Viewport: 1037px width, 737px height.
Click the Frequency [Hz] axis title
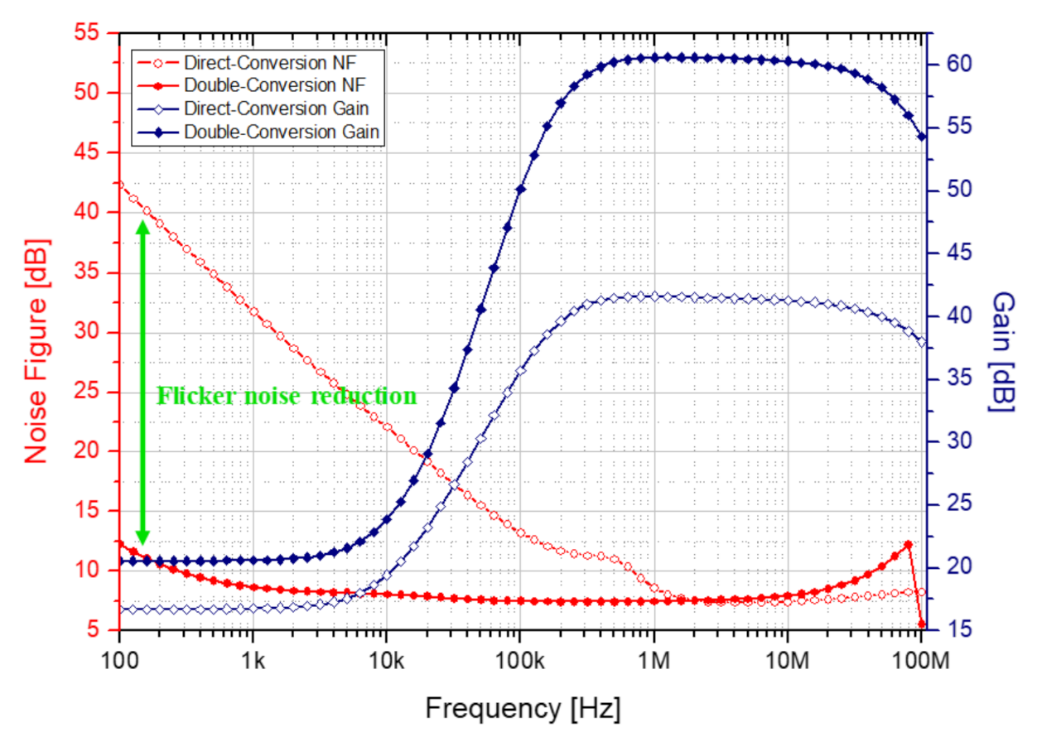coord(523,709)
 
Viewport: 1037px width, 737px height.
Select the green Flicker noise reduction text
coord(287,396)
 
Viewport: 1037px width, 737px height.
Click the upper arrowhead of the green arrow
coord(142,205)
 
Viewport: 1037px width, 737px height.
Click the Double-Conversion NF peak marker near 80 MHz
coord(909,545)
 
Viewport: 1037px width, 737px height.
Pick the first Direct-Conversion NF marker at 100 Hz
coord(119,185)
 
